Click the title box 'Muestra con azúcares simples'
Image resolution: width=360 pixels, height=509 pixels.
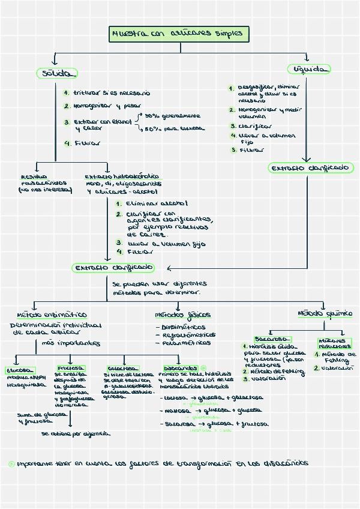(x=178, y=34)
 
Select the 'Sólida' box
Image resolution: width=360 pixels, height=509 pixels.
(x=56, y=73)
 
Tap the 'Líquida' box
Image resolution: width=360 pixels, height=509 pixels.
(x=309, y=70)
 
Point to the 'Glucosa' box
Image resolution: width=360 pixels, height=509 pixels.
(x=20, y=370)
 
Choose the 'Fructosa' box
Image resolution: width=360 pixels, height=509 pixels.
(x=71, y=368)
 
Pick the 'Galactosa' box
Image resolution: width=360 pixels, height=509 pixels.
(x=123, y=368)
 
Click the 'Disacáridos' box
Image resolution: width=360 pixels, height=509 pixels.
(x=180, y=368)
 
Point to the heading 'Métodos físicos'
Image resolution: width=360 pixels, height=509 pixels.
(x=182, y=315)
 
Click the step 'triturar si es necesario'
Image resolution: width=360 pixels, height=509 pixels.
(x=111, y=93)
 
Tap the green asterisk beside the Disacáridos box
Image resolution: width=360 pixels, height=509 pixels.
(x=203, y=368)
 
